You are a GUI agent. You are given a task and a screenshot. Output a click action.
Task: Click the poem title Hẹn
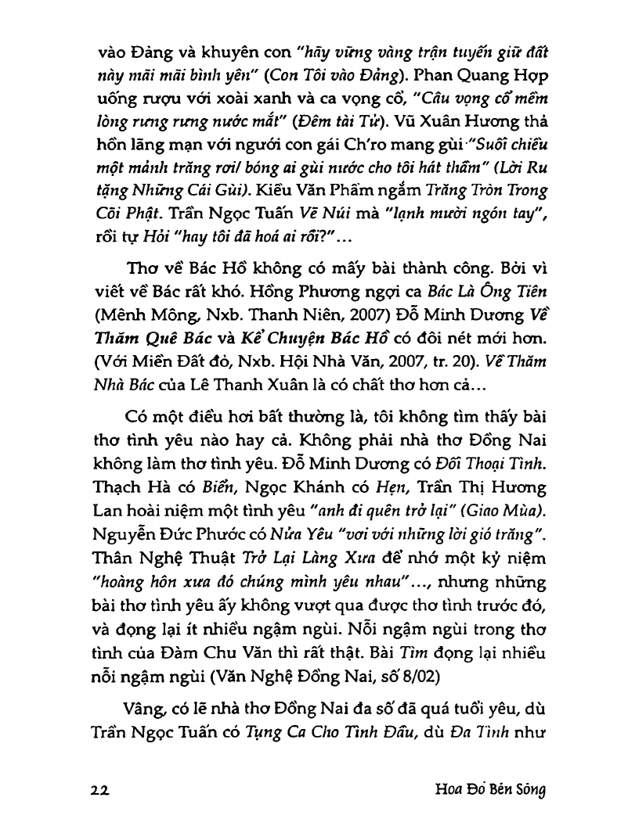tap(353, 487)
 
